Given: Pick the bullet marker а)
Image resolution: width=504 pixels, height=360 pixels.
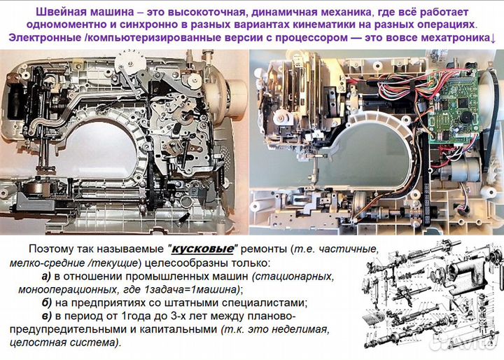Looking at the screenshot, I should click(x=50, y=276).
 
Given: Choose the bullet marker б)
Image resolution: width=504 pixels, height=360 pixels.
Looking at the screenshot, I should click(x=50, y=303).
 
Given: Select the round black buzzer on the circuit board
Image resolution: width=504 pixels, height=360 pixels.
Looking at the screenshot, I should click(x=461, y=111).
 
